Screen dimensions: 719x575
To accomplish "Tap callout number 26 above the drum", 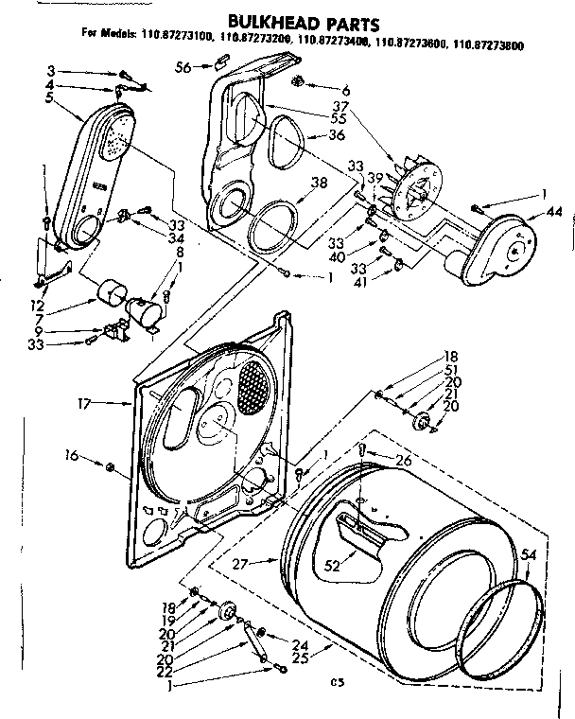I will point(404,461).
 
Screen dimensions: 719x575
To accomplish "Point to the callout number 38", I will point(320,184).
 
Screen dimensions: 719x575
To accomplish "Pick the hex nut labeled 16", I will point(110,465).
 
